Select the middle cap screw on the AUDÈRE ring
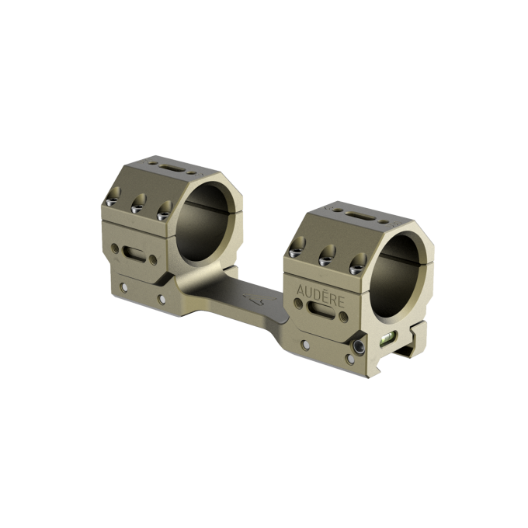323,258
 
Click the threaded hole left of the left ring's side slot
116,248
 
